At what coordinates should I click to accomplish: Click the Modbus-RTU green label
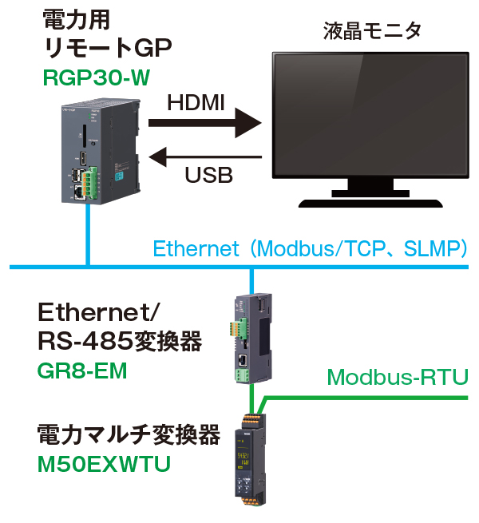(397, 376)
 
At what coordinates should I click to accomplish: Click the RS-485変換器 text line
(118, 343)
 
